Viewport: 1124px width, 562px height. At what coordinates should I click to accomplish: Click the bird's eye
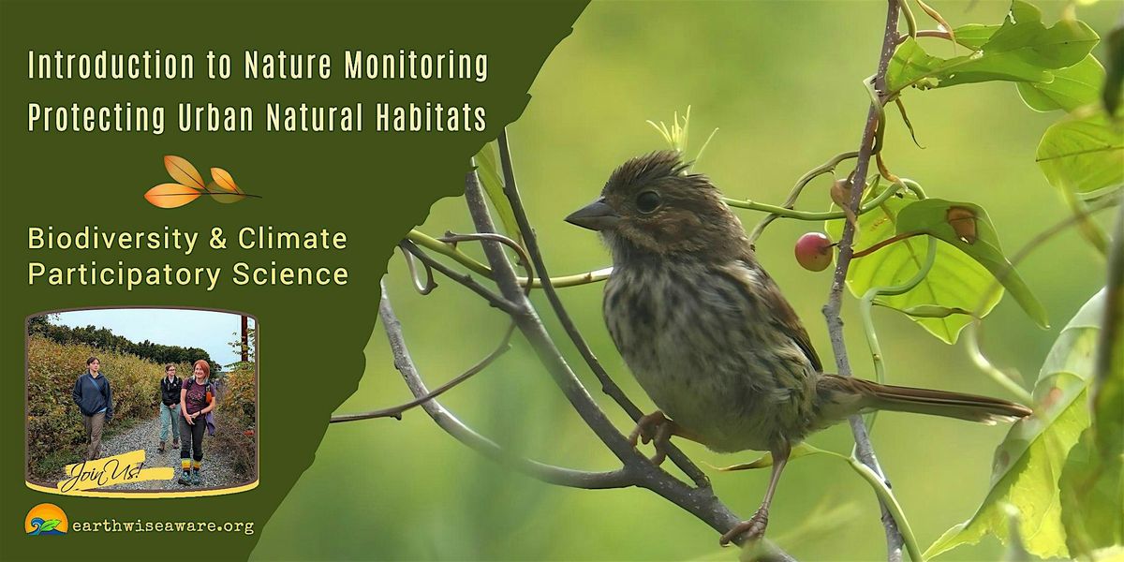pos(647,200)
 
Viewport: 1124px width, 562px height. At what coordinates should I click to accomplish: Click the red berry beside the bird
pos(813,251)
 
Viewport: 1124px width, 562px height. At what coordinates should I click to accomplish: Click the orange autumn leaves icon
pos(200,182)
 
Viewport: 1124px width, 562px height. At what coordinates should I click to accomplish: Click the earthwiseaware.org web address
pos(163,525)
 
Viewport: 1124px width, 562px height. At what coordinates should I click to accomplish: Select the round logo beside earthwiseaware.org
pos(46,522)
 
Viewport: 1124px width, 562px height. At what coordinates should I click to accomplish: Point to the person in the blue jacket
pos(93,398)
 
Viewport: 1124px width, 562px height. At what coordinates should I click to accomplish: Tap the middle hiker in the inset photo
pos(170,403)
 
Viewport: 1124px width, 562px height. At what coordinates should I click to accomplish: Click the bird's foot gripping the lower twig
pos(746,530)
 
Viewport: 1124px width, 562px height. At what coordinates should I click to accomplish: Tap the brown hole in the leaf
pos(961,223)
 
